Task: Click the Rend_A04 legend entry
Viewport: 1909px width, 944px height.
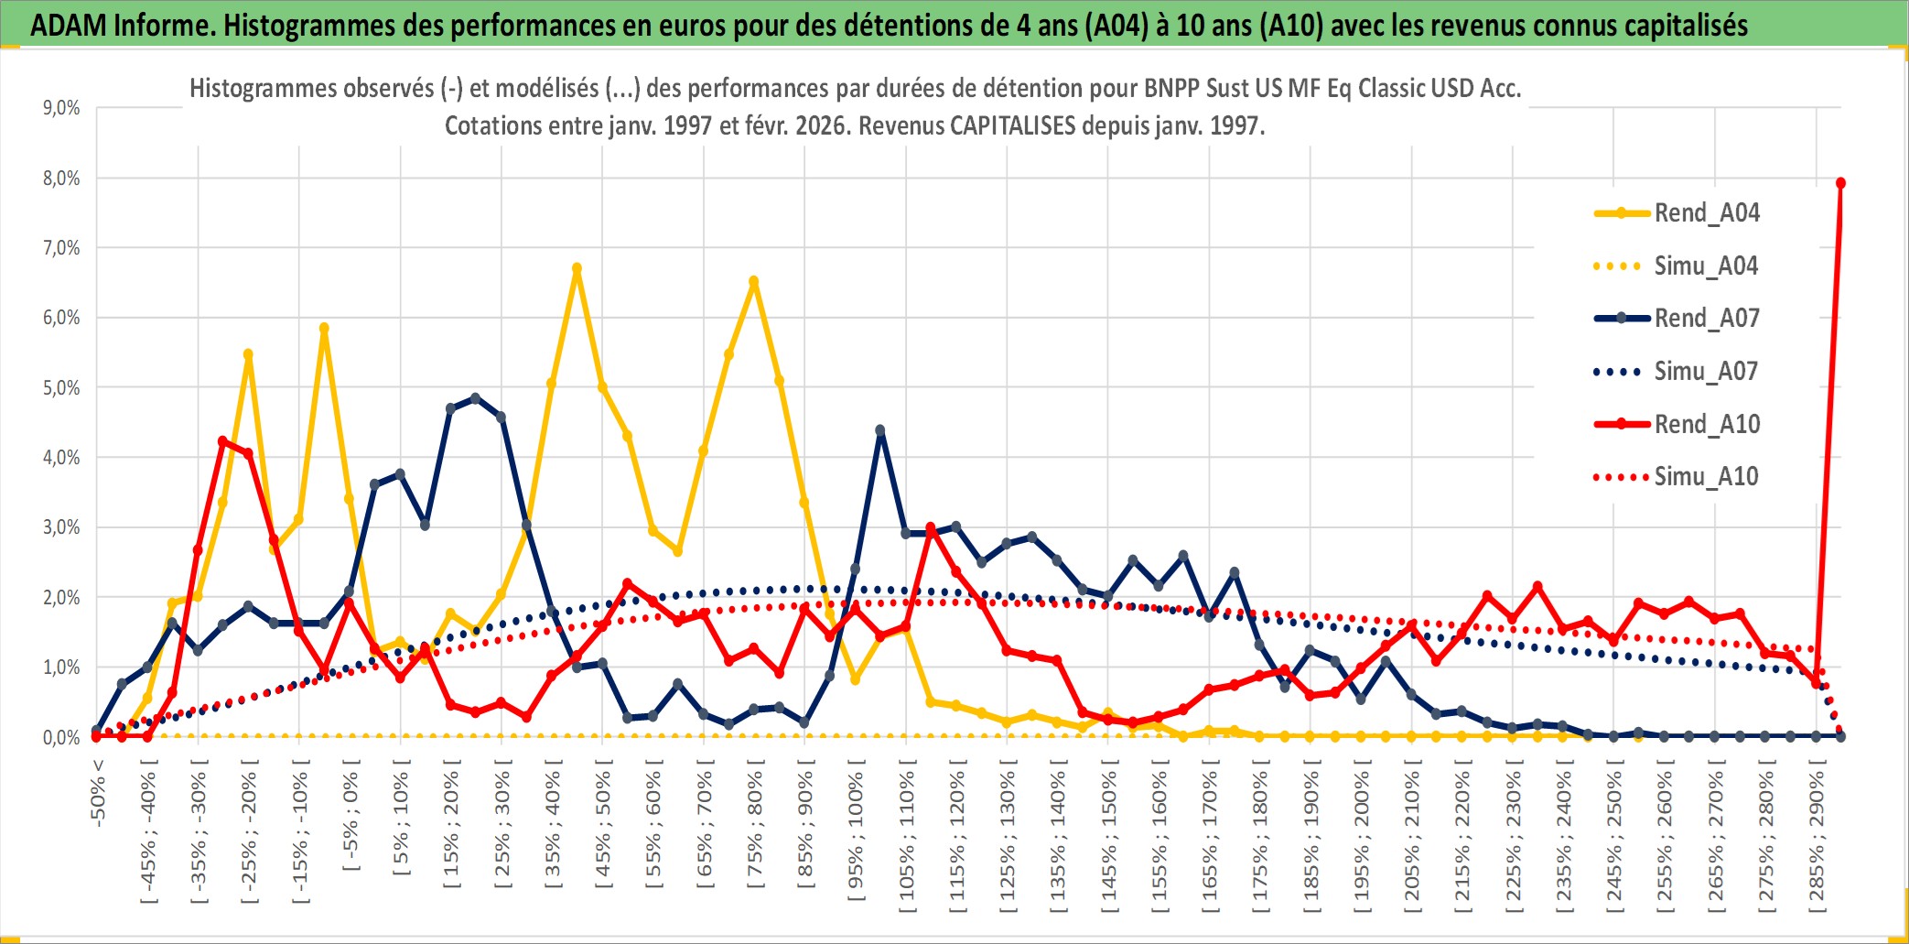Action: pyautogui.click(x=1706, y=213)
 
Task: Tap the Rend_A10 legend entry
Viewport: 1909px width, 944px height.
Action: pyautogui.click(x=1706, y=424)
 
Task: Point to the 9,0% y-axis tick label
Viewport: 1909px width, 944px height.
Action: pyautogui.click(x=61, y=108)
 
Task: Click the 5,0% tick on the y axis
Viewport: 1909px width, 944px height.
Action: pyautogui.click(x=61, y=387)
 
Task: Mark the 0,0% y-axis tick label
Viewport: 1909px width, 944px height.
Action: pyautogui.click(x=61, y=737)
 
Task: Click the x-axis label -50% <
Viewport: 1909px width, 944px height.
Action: pyautogui.click(x=98, y=793)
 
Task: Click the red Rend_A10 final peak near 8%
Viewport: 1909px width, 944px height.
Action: pyautogui.click(x=1840, y=183)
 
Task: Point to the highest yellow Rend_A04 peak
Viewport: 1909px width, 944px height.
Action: pyautogui.click(x=577, y=268)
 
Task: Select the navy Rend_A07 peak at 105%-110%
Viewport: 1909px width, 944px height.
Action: pyautogui.click(x=880, y=430)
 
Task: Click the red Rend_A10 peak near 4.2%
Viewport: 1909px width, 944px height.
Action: pyautogui.click(x=223, y=441)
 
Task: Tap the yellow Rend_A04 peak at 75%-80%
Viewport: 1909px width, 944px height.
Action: pyautogui.click(x=753, y=281)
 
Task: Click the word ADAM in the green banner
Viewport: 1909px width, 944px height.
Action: pyautogui.click(x=68, y=25)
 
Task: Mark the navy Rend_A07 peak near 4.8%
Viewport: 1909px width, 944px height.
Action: pyautogui.click(x=475, y=398)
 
